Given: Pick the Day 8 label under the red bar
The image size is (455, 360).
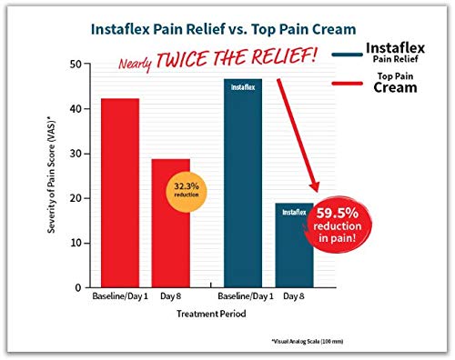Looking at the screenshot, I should point(170,297).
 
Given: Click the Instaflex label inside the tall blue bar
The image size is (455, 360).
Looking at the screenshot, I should point(241,88).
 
